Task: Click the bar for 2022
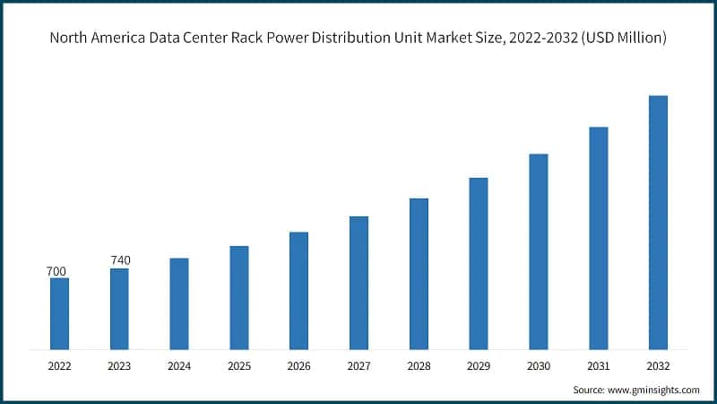(x=59, y=313)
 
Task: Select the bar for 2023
(x=119, y=309)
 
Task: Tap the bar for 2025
(x=238, y=297)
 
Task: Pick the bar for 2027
(x=358, y=283)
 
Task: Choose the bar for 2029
(x=479, y=263)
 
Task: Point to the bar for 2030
(x=538, y=251)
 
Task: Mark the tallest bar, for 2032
(x=658, y=222)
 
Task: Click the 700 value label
(x=56, y=271)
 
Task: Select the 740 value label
(x=120, y=260)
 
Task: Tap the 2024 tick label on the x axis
(x=179, y=366)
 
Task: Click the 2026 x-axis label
(x=298, y=366)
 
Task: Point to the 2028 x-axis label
(x=419, y=366)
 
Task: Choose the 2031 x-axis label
(x=598, y=366)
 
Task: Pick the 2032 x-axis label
(x=658, y=366)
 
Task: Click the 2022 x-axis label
(x=59, y=366)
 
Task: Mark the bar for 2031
(x=598, y=238)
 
